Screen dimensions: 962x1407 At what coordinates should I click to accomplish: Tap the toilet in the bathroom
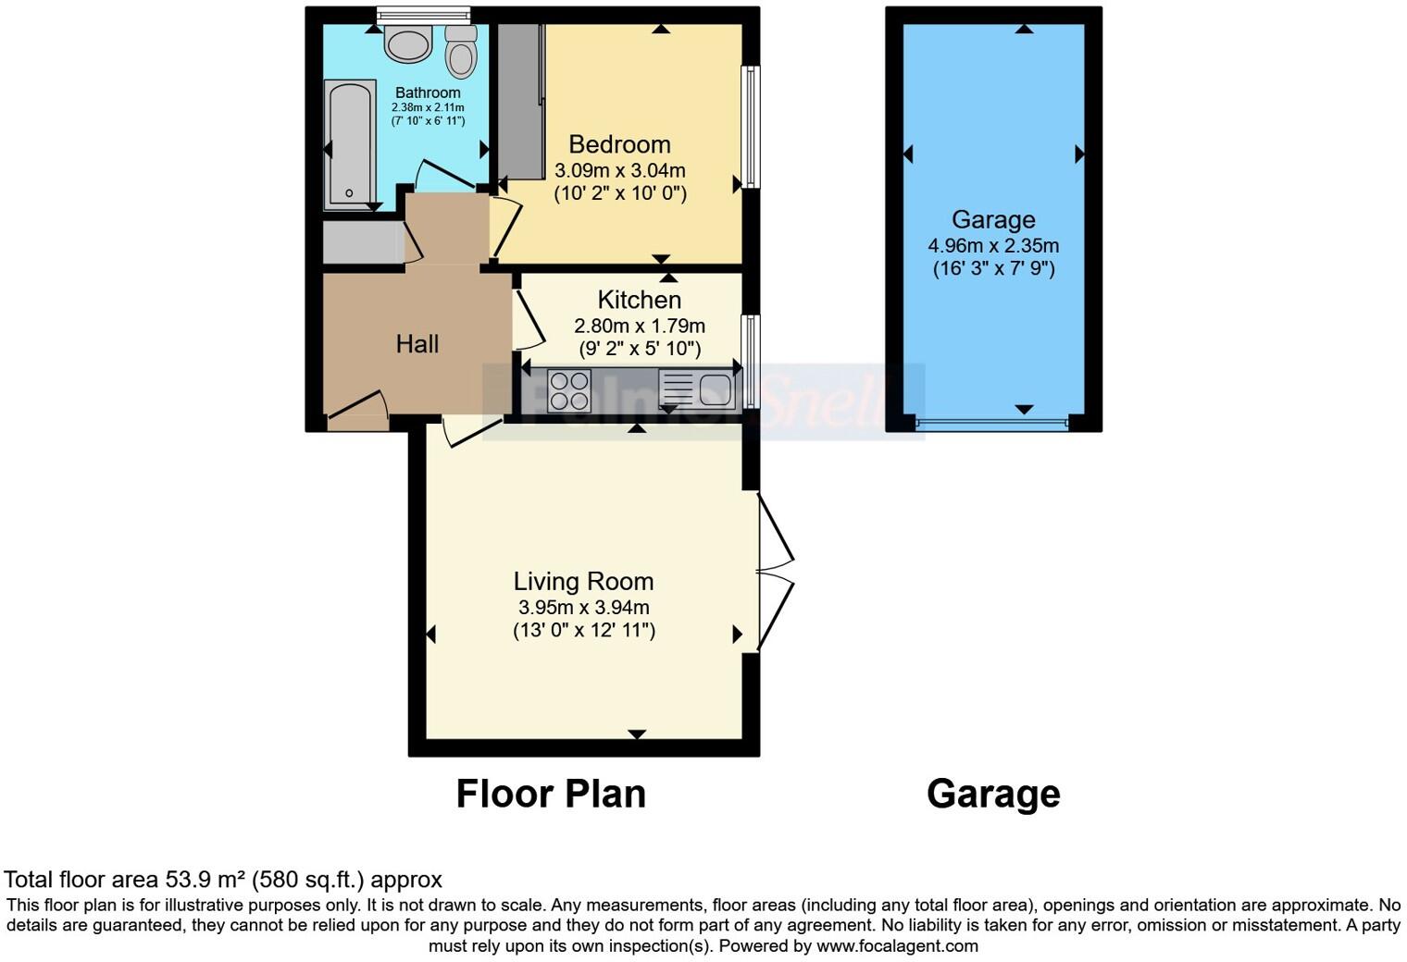[x=460, y=51]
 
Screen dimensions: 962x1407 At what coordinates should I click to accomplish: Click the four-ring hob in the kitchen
[x=569, y=389]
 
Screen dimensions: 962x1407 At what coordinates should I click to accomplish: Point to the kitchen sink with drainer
[x=696, y=389]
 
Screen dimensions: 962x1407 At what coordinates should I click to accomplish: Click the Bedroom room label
[x=619, y=144]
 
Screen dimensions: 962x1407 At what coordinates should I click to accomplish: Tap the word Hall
[x=417, y=344]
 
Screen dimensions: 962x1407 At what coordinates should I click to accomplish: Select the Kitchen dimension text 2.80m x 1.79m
[x=640, y=326]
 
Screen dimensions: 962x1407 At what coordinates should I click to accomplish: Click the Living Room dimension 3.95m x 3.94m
[x=583, y=608]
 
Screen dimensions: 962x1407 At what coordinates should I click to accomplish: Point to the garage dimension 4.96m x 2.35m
[x=993, y=246]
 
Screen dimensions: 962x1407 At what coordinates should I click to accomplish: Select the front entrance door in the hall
[x=357, y=413]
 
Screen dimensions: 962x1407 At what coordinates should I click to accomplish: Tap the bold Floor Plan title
[x=551, y=794]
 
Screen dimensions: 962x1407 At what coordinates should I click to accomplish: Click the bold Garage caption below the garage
[x=993, y=794]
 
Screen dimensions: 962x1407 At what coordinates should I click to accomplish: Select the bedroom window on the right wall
[x=753, y=127]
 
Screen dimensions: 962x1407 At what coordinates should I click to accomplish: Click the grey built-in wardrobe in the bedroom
[x=520, y=102]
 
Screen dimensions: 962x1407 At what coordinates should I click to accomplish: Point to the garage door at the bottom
[x=991, y=424]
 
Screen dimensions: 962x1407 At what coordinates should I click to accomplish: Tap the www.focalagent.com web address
[x=897, y=946]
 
